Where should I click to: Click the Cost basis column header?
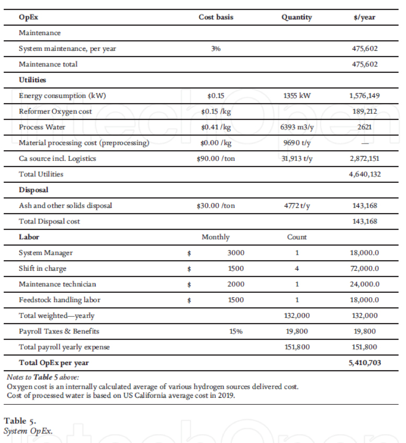[x=216, y=17]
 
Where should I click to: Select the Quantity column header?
[x=296, y=17]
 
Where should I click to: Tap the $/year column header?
[x=364, y=17]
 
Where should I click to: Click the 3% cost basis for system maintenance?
[x=216, y=49]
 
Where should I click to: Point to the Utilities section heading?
[x=32, y=80]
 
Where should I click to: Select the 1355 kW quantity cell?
[x=297, y=96]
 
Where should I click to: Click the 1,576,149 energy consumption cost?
[x=364, y=96]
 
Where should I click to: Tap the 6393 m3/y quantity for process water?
[x=297, y=127]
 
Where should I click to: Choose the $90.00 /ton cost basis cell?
[x=216, y=159]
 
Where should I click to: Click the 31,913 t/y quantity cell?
[x=297, y=159]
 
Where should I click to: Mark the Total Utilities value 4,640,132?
[x=364, y=174]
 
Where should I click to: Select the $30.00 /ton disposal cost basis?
[x=216, y=206]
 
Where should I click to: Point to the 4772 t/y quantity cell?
[x=297, y=206]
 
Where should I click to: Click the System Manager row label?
[x=46, y=253]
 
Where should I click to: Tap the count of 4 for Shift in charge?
[x=297, y=269]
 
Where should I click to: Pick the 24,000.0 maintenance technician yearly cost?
[x=364, y=284]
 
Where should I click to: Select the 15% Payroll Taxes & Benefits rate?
[x=236, y=331]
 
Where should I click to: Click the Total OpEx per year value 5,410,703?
[x=364, y=363]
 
